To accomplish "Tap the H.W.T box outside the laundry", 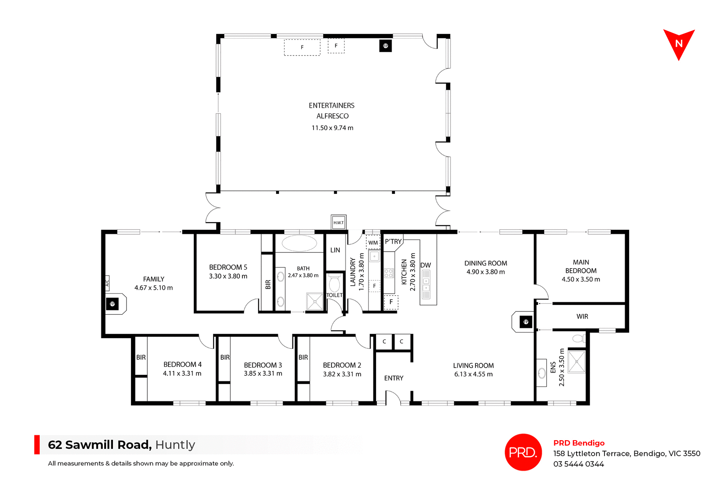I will point(338,223).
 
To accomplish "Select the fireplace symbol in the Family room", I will point(112,304).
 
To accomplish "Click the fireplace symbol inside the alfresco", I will point(385,46).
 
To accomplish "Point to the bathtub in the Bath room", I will point(299,243).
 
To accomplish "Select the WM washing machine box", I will point(373,243).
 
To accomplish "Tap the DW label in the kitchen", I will point(425,265).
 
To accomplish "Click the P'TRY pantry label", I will point(393,241).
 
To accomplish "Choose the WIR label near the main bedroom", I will point(582,317).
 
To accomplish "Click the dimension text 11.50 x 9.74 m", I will point(332,128).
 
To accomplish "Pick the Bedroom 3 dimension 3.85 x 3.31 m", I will point(263,374).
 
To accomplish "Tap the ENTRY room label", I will point(393,378).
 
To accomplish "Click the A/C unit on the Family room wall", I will point(107,283).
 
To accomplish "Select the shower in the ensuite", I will point(576,362).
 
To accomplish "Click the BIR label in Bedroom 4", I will point(141,357).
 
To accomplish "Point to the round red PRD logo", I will point(523,452).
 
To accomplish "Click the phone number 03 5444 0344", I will point(578,464).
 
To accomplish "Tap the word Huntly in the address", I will point(175,445).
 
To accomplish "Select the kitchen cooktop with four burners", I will point(389,273).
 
